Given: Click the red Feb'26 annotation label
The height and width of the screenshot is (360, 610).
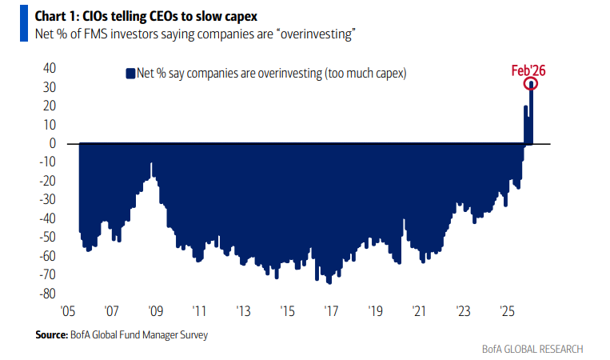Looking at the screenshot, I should point(528,70).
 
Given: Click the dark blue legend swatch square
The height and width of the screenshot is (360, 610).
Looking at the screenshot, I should point(130,74).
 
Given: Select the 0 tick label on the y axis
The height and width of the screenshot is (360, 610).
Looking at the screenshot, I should point(50,144).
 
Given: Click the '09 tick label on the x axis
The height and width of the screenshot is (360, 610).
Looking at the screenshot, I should point(155,311).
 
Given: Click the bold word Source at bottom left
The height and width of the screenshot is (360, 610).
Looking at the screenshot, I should point(50,335).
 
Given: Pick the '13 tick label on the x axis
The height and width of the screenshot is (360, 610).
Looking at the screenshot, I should point(243,311).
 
